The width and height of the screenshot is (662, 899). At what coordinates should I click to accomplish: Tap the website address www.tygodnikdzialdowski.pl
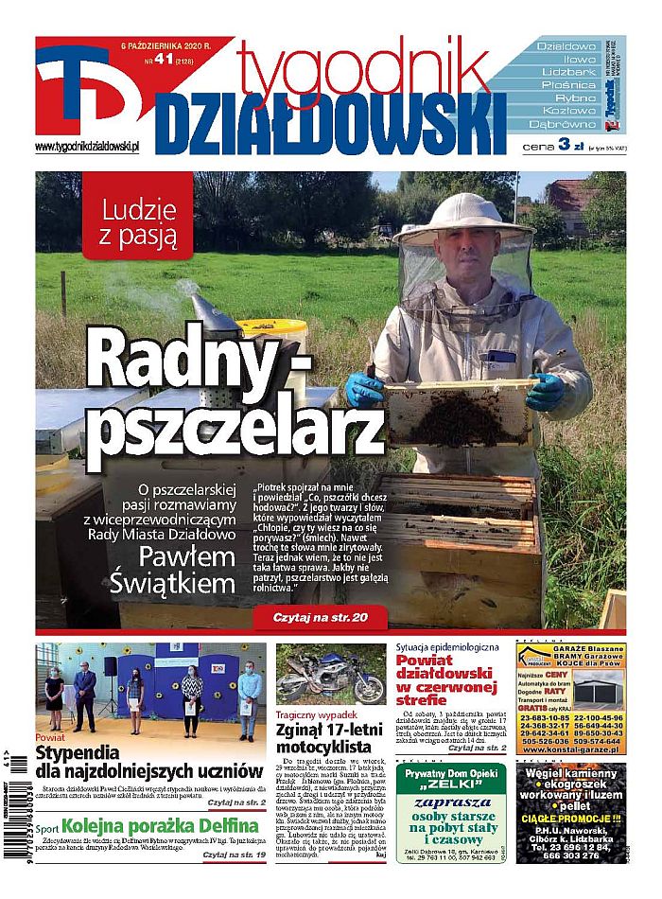[x=87, y=147]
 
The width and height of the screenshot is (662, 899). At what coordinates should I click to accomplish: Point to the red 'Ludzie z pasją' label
[x=137, y=227]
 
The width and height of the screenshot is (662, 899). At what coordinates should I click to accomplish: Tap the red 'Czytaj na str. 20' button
[x=320, y=617]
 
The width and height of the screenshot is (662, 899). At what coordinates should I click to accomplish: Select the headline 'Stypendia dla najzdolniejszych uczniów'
[x=148, y=762]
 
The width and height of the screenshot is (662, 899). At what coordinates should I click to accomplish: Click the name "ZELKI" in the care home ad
[x=449, y=784]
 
